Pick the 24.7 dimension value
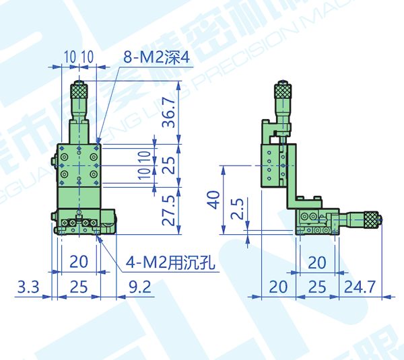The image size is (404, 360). coord(360,287)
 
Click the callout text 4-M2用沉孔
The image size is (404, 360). coord(170,262)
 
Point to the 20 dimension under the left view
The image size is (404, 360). coord(79,262)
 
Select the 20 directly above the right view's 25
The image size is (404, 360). coord(316,262)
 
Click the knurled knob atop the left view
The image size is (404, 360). coord(79,89)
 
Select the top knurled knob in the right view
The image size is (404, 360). coord(283,90)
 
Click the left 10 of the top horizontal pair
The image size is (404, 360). coord(69,57)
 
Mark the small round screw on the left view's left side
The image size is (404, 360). coord(55,162)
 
